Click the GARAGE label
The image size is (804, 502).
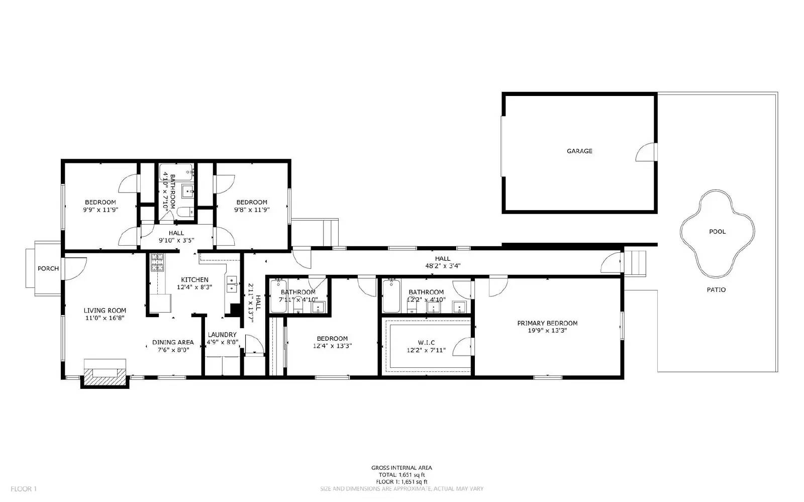coord(579,151)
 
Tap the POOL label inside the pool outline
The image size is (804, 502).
coord(717,232)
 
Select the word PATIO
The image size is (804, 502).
coord(716,290)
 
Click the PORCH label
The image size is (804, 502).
coord(48,269)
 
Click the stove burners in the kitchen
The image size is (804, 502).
coord(157,262)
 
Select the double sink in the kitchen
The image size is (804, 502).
coord(232,284)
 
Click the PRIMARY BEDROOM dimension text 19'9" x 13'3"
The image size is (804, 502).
coord(547,331)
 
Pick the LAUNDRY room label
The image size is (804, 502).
coord(222,335)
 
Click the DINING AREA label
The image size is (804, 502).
coord(173,343)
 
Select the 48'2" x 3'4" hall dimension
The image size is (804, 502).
coord(443,266)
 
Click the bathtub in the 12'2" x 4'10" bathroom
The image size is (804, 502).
coord(391,296)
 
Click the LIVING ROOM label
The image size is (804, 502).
coord(105,311)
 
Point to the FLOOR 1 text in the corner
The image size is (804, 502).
coord(24,488)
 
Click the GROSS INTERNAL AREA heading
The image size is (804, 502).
coord(401,468)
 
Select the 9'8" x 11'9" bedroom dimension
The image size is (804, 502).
coord(251,210)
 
